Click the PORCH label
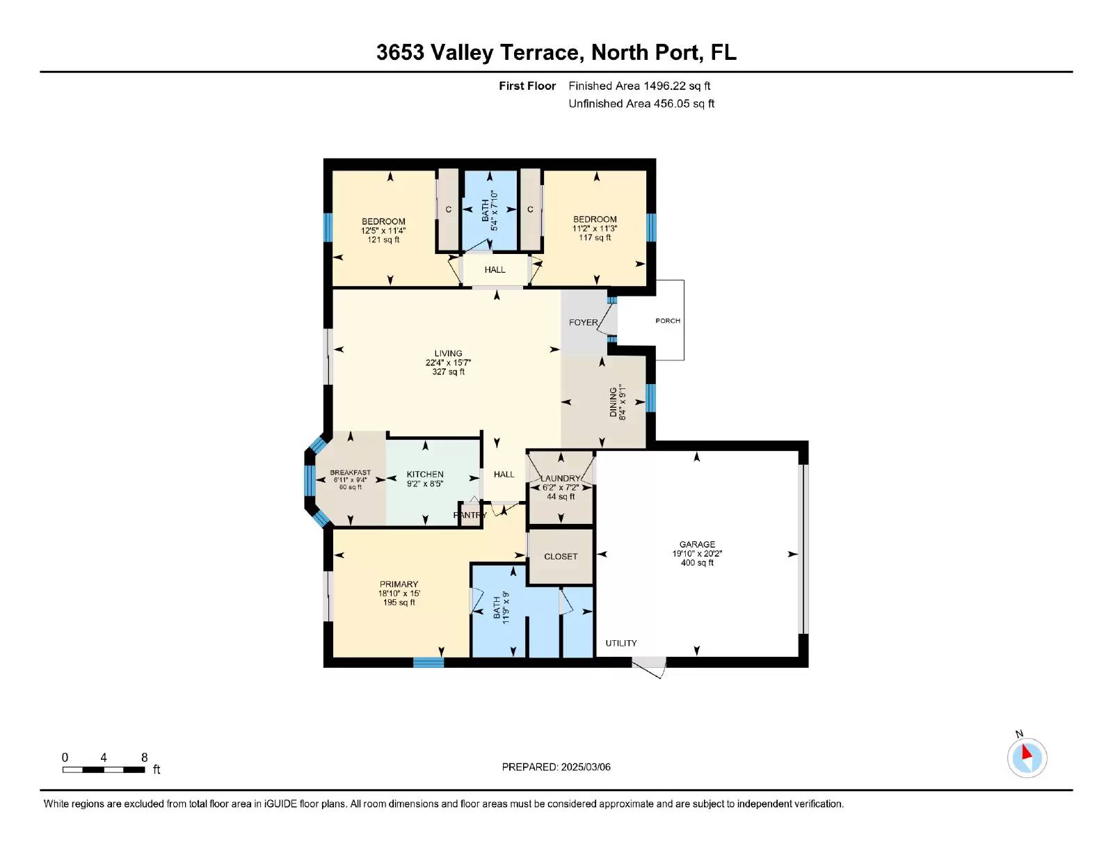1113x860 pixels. point(667,321)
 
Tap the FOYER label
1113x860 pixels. point(583,322)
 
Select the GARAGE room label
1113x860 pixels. point(696,544)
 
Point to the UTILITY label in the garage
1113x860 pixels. point(620,643)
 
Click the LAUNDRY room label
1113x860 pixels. point(561,478)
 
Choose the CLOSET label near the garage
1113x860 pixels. point(561,556)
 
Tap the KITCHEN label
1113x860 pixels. point(424,475)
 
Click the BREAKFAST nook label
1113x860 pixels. point(351,472)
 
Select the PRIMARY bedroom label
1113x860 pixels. point(399,584)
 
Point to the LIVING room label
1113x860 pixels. point(448,353)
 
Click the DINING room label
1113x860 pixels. point(613,402)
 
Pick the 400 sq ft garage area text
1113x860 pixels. point(696,563)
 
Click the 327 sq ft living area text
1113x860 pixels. point(448,372)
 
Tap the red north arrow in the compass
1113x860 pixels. point(1026,753)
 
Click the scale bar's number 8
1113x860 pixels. point(145,758)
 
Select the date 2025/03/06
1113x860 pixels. point(586,767)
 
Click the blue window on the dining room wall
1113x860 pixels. point(650,398)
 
